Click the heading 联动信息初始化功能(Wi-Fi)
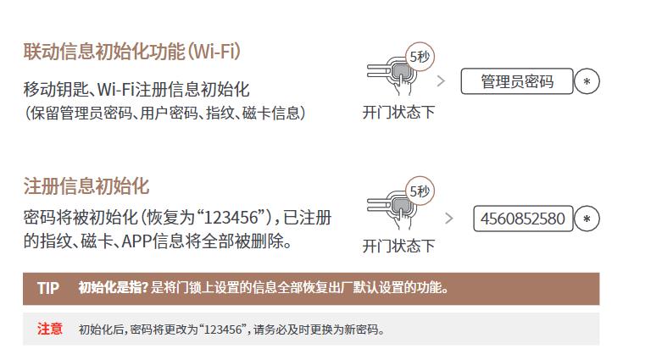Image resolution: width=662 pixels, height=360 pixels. pos(132,52)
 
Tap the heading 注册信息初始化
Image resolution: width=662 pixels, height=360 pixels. pos(86,186)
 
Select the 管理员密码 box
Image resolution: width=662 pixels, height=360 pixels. pos(517,81)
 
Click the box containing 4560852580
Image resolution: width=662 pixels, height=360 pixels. pos(523,219)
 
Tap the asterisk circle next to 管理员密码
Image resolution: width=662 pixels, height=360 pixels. pos(587,81)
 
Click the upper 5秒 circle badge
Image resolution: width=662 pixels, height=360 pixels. pos(420,56)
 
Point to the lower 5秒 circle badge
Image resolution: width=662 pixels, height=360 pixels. pos(420,191)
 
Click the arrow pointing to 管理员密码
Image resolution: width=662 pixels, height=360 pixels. pos(441,81)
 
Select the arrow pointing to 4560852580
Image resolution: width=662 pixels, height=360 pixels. pos(448,219)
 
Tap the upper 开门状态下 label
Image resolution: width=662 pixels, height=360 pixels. pos(398,113)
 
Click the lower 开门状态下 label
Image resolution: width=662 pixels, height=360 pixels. pos(398,246)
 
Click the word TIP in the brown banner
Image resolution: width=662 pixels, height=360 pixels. pos(48,288)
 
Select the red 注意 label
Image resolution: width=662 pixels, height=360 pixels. pos(50,329)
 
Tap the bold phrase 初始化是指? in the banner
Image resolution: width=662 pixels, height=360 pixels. pos(113,288)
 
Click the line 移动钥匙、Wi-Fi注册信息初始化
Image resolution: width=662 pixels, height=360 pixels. pos(136,90)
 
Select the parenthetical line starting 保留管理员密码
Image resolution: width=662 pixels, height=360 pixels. pos(165,114)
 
